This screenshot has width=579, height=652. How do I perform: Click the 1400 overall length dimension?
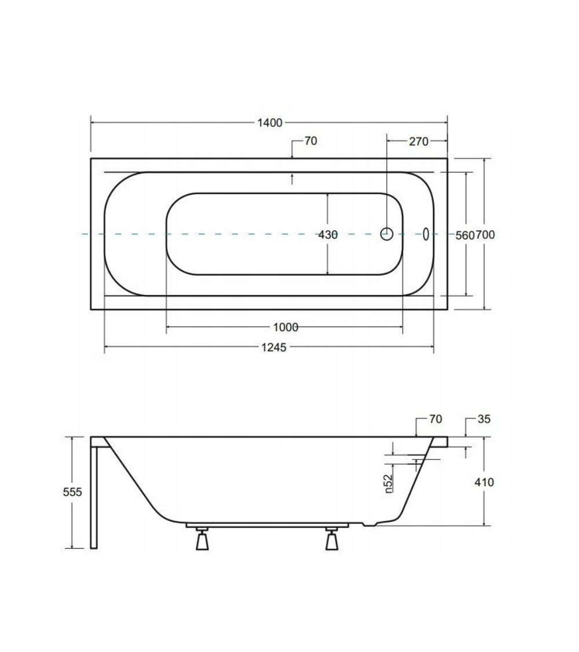click(x=270, y=123)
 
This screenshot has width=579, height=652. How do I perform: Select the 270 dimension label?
click(x=418, y=142)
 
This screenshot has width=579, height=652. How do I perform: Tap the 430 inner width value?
click(x=328, y=235)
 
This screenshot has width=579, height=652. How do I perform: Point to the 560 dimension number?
click(x=465, y=235)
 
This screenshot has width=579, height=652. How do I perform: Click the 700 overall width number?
click(x=485, y=235)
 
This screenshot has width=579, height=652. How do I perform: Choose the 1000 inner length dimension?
click(x=285, y=327)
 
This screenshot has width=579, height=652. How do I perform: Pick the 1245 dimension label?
click(x=274, y=347)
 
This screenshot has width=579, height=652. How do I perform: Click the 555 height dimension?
click(x=72, y=492)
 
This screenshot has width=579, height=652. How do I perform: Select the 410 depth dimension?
click(x=484, y=482)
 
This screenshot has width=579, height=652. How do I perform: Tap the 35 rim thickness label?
click(x=484, y=419)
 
